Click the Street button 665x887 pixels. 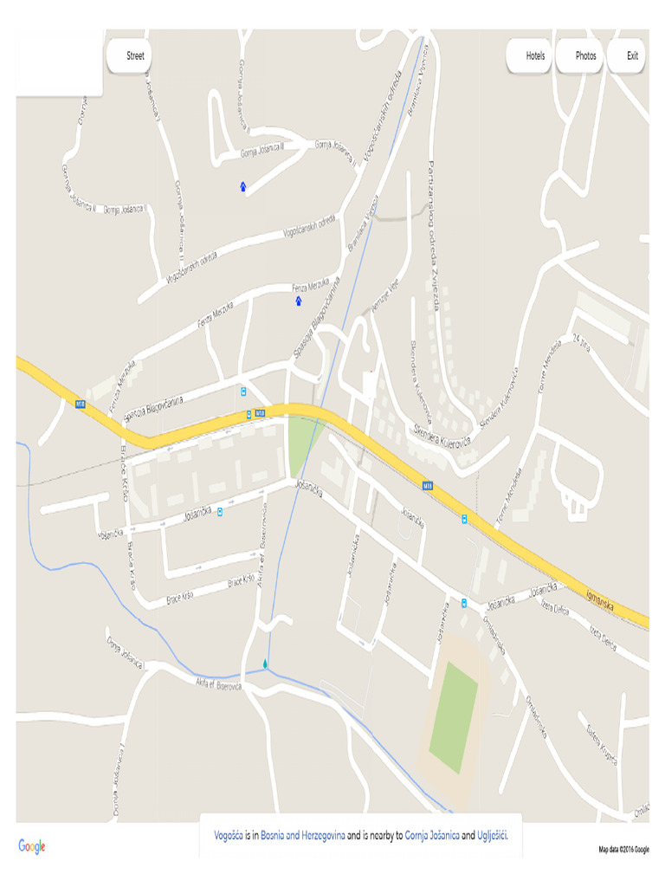pos(130,56)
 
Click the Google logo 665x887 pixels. pos(32,846)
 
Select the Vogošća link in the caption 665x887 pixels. pos(229,836)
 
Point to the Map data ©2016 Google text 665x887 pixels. pos(623,850)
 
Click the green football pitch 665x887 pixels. pos(455,717)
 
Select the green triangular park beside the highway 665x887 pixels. pos(301,437)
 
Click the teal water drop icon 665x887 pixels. pos(265,664)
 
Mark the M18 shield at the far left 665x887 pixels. pos(81,404)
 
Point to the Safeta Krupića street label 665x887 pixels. pos(601,744)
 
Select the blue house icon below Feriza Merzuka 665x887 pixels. pos(299,301)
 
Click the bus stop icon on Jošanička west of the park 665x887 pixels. pos(220,511)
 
